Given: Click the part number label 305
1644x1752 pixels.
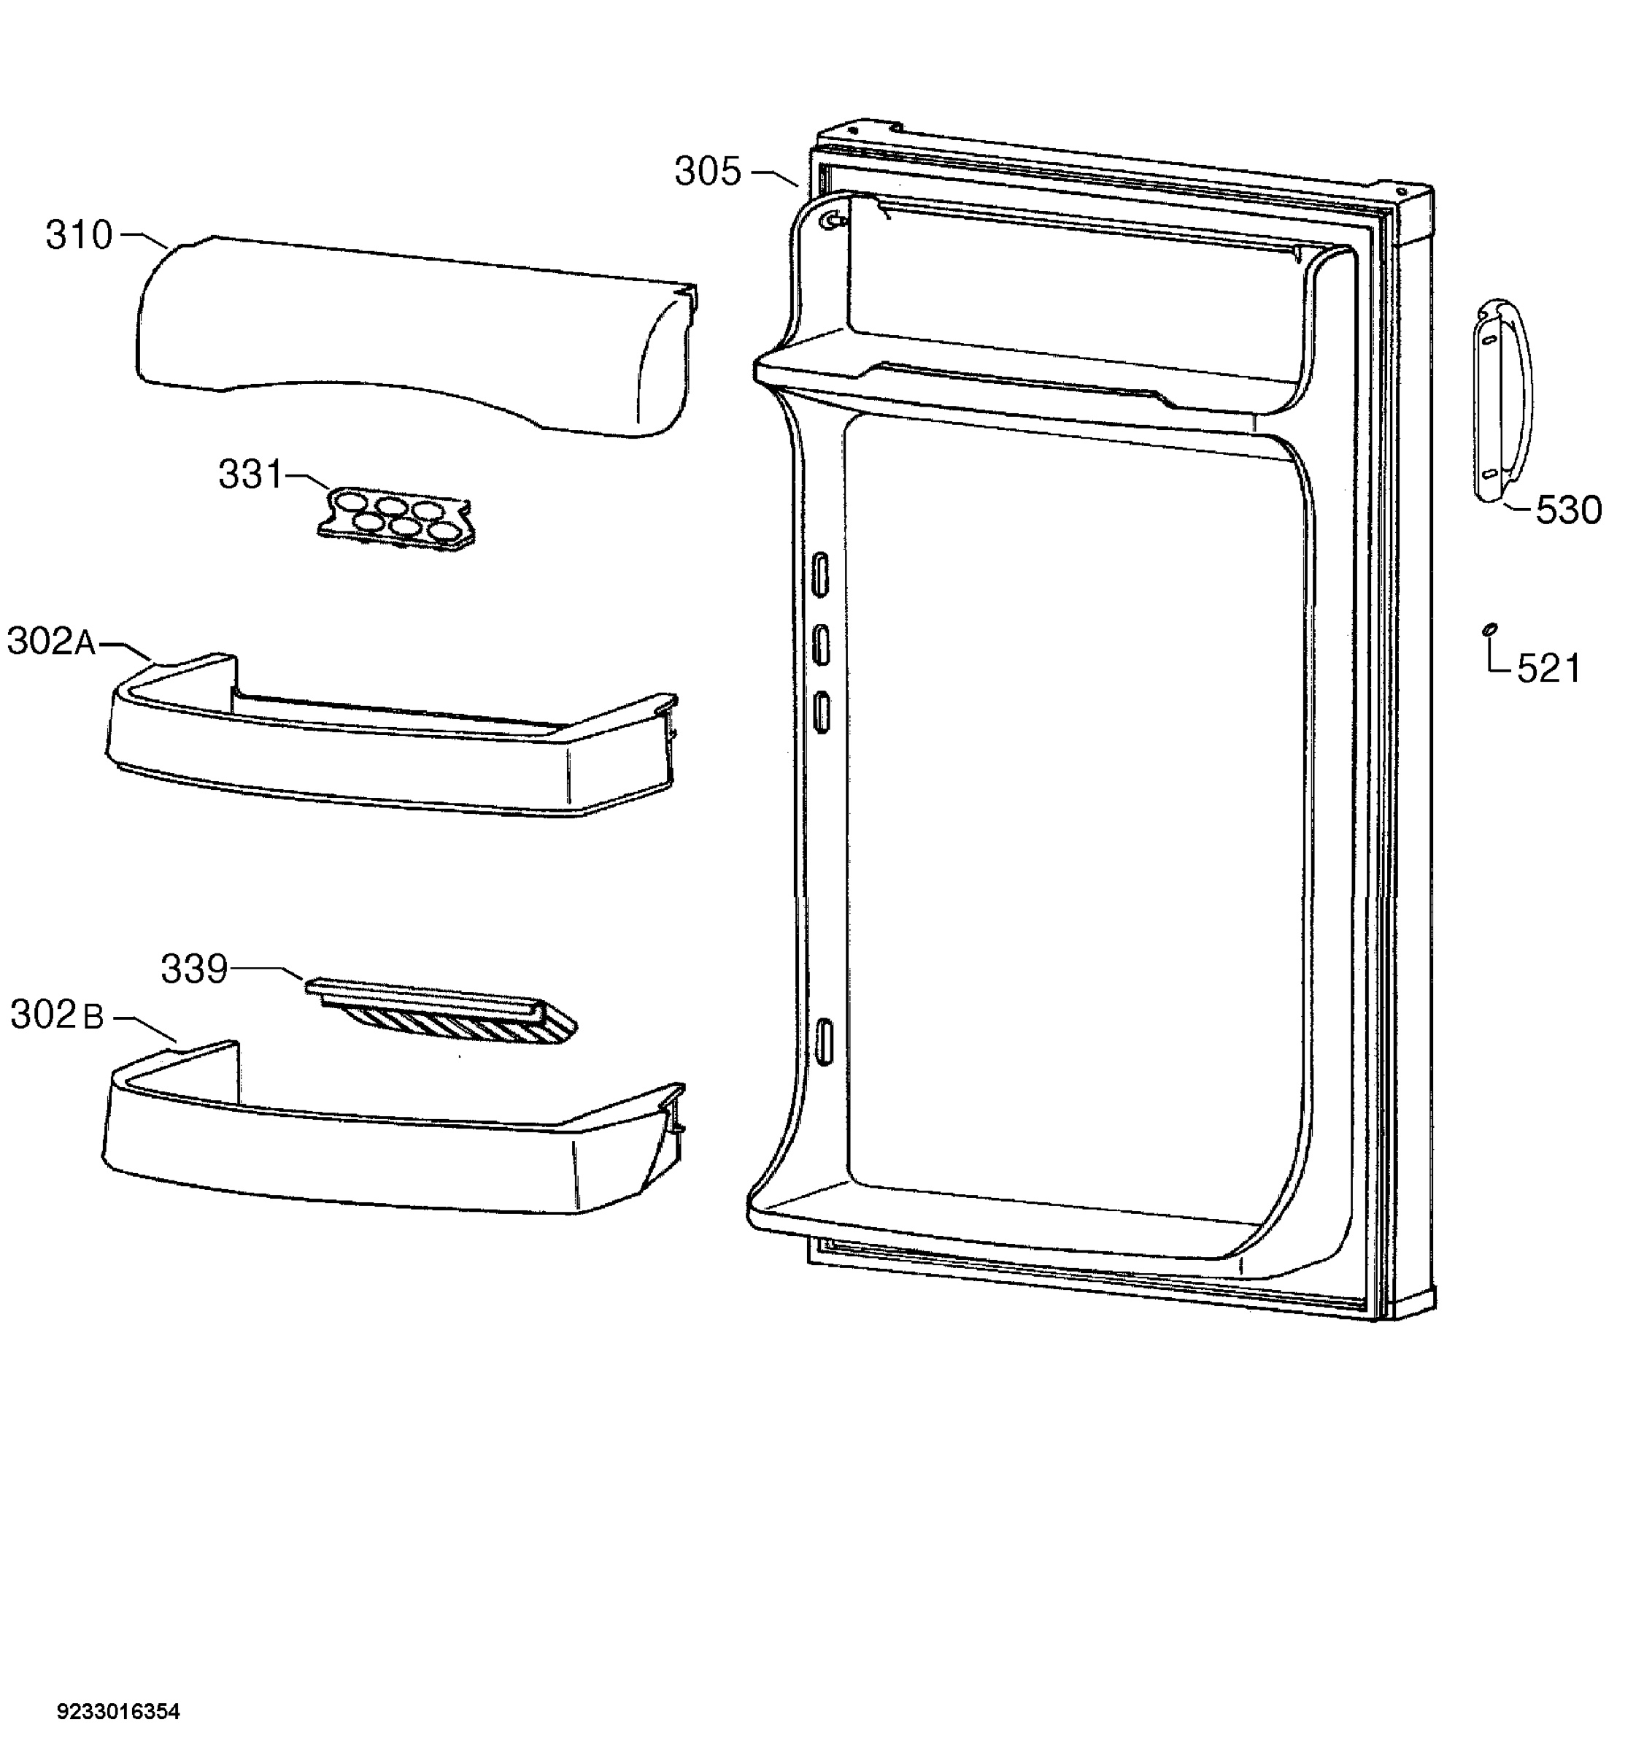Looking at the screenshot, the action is [x=708, y=171].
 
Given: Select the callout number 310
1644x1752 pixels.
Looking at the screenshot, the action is [x=80, y=235].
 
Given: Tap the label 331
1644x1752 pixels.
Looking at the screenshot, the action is [x=250, y=475].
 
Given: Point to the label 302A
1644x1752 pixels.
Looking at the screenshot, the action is [x=52, y=642].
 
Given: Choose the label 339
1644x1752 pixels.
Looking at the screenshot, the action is [x=194, y=969].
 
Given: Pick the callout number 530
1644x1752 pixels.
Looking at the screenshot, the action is [x=1568, y=510].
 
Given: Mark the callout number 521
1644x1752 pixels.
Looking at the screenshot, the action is [x=1548, y=669].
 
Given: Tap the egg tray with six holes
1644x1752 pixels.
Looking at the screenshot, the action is [x=395, y=520].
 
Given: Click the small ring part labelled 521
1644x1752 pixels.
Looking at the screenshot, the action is [x=1490, y=628].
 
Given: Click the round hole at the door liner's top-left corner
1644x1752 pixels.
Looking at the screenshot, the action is [x=830, y=221].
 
